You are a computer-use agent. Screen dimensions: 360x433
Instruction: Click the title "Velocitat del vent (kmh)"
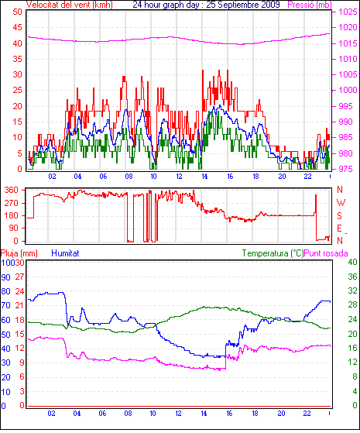pos(70,5)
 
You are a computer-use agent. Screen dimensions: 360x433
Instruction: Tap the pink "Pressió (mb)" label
pos(310,5)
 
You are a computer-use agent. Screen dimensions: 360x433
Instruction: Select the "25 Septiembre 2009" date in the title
pos(243,5)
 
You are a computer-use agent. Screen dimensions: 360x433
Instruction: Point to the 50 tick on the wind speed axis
pos(17,12)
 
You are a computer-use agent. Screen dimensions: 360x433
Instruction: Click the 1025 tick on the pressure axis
pos(348,12)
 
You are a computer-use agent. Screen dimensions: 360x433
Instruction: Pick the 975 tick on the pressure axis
pos(345,169)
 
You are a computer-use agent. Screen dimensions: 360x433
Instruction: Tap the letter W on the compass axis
pos(341,203)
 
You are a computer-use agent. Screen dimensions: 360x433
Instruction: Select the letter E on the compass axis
pos(339,229)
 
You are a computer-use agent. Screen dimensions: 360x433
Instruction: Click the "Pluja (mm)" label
pos(19,253)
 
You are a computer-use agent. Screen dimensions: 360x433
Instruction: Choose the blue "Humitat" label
pos(66,253)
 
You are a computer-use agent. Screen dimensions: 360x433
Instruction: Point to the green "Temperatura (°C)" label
pos(273,253)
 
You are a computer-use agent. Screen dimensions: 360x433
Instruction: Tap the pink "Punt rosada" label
pos(326,253)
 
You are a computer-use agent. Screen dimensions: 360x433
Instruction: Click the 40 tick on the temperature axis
pos(352,262)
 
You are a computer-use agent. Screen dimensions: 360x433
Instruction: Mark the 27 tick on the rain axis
pos(19,277)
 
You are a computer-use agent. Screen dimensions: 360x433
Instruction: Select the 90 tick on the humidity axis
pos(5,277)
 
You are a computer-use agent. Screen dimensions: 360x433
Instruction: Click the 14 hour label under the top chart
pos(204,177)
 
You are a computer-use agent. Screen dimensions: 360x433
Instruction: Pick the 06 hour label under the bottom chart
pos(102,414)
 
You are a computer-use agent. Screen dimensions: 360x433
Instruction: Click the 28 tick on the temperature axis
pos(352,305)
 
